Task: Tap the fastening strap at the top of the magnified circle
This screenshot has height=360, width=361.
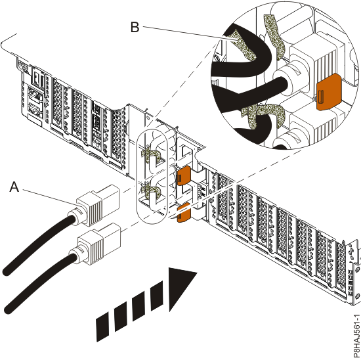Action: [270, 32]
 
